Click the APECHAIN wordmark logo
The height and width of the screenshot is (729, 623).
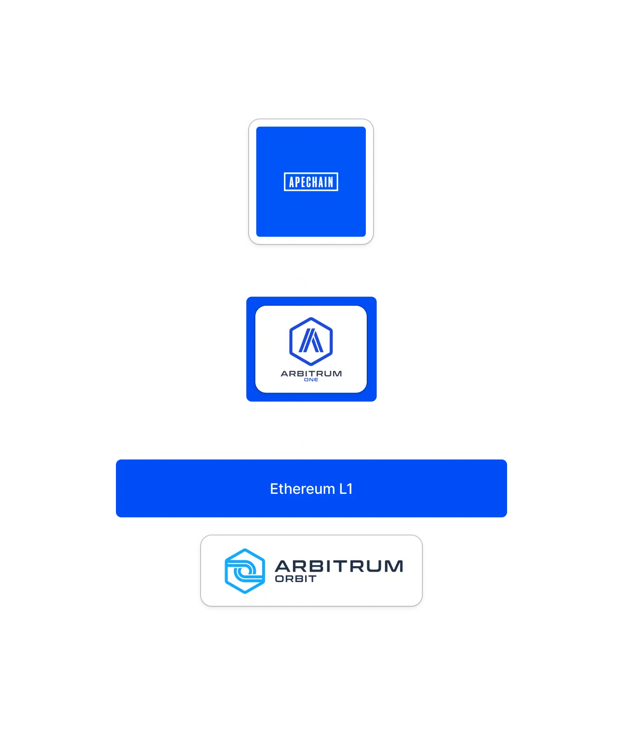coord(311,182)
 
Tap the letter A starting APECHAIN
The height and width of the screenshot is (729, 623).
coord(292,182)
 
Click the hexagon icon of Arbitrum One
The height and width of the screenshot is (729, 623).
coord(311,341)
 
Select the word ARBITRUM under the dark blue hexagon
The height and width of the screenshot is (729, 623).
coord(311,374)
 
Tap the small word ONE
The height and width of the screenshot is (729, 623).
coord(311,380)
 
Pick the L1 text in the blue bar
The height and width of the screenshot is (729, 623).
coord(346,489)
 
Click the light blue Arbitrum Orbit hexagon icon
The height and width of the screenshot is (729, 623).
coord(245,571)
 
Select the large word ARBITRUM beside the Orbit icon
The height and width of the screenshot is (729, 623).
coord(339,566)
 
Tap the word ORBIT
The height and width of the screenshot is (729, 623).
coord(296,579)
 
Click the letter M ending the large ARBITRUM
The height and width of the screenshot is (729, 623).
coord(394,566)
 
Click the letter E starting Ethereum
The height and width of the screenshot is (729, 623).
coord(274,489)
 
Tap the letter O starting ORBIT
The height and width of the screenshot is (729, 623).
coord(279,579)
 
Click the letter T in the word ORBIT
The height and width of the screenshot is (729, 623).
coord(312,579)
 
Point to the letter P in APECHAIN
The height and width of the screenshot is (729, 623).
coord(297,182)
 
